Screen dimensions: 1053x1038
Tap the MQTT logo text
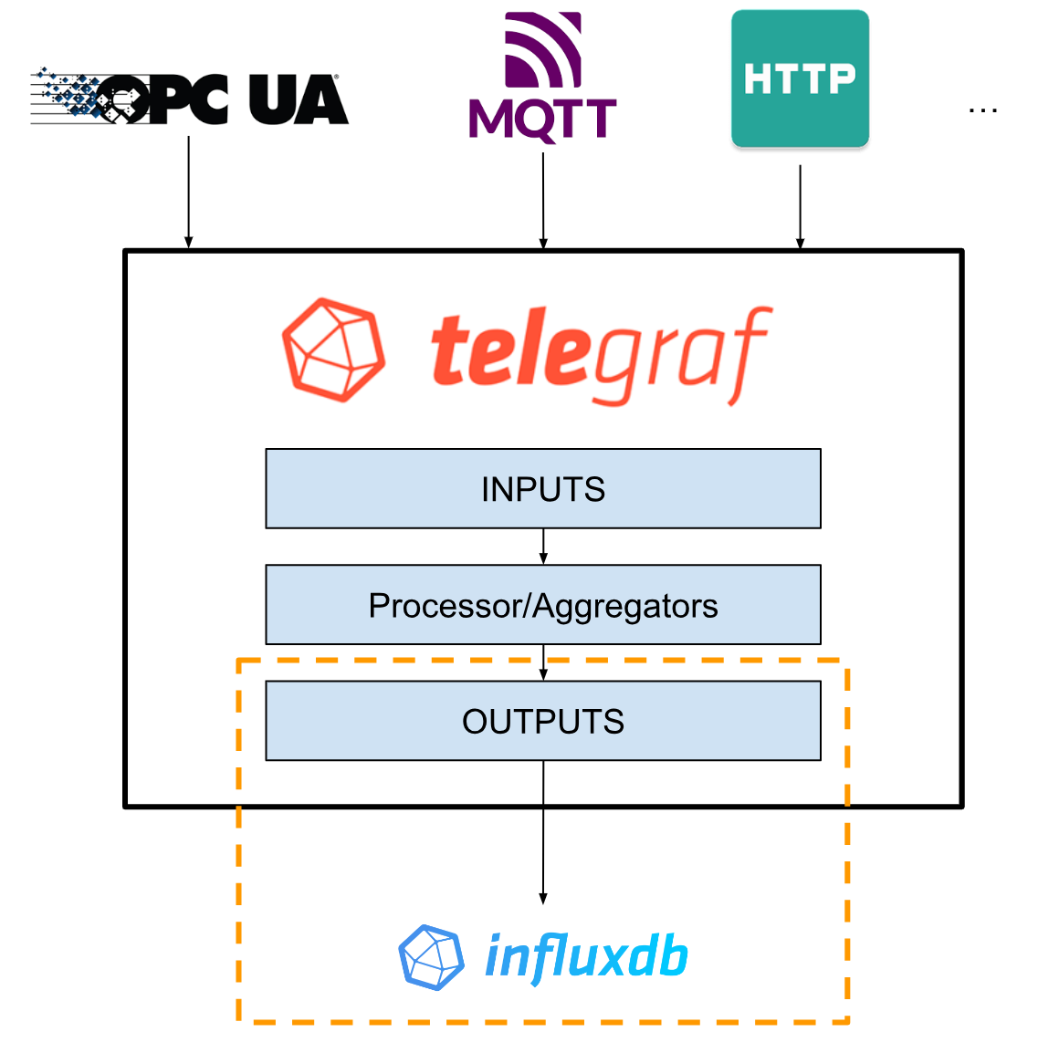point(542,120)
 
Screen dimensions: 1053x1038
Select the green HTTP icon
point(800,78)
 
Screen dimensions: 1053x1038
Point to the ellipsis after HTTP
point(982,109)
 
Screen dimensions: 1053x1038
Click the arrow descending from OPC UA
point(188,192)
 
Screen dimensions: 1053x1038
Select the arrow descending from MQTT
point(543,201)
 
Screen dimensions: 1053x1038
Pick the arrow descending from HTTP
point(800,206)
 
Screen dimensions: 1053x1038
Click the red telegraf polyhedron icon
point(332,349)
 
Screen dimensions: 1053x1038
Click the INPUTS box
point(543,489)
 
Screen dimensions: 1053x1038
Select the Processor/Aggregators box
point(543,605)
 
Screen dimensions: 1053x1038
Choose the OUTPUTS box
point(543,721)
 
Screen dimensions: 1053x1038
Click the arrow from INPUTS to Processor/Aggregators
point(543,547)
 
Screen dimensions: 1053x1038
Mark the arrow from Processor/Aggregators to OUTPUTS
point(543,662)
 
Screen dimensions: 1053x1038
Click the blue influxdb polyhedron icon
point(431,957)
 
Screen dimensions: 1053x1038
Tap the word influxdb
point(586,956)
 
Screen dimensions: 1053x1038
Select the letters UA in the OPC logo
point(299,99)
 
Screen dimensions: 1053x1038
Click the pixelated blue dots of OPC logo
point(68,93)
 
